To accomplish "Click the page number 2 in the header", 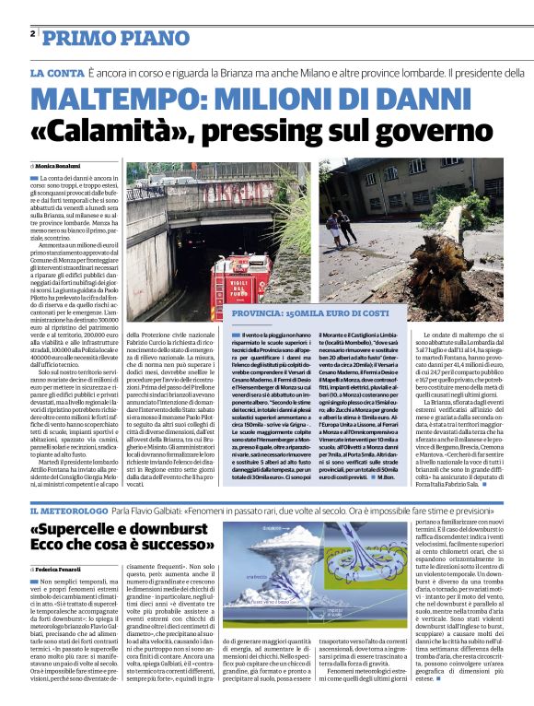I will click(33, 33).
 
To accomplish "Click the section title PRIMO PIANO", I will click(104, 37).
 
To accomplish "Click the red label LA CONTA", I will click(56, 72).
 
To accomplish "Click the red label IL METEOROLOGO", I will click(72, 510).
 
